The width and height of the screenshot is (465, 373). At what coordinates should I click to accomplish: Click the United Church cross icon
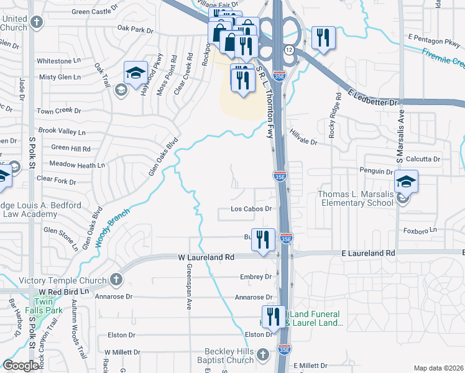click(x=37, y=23)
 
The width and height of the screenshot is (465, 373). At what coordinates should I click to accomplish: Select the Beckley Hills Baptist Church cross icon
click(x=262, y=354)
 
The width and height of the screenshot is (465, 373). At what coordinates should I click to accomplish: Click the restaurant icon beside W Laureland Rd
click(x=263, y=239)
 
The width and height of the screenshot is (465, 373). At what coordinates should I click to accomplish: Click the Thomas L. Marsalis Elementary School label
click(x=356, y=198)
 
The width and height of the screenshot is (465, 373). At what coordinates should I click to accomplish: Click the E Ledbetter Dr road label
click(x=372, y=98)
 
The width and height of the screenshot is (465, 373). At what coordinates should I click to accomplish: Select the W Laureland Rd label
click(x=206, y=257)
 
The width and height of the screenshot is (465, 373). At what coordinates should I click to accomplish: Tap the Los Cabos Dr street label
click(x=252, y=209)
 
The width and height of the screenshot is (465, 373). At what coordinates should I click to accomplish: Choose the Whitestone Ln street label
click(x=58, y=61)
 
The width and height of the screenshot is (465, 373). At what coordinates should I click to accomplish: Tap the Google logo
click(x=21, y=366)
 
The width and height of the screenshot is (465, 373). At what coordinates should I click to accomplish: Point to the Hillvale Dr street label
click(x=303, y=142)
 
